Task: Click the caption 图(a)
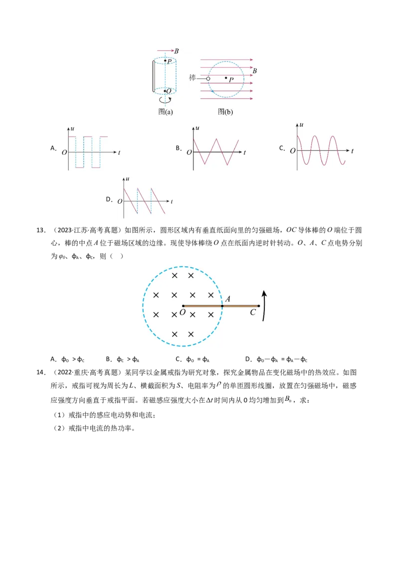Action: coord(165,112)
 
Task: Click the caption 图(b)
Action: coord(225,112)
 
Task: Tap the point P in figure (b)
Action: coord(226,77)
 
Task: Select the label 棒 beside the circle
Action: coord(193,77)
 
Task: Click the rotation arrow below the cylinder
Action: coord(165,100)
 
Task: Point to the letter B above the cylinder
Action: coord(177,51)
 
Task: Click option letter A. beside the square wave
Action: coord(53,148)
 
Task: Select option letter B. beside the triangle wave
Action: coord(179,148)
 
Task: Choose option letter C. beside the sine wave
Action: coord(282,148)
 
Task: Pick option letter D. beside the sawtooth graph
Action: coord(109,199)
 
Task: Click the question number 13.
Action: coord(41,230)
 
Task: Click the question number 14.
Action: coord(41,372)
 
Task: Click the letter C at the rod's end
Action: coord(253,312)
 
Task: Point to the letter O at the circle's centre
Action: coord(183,312)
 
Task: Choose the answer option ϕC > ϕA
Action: coord(128,359)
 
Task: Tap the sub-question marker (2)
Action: coord(59,428)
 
